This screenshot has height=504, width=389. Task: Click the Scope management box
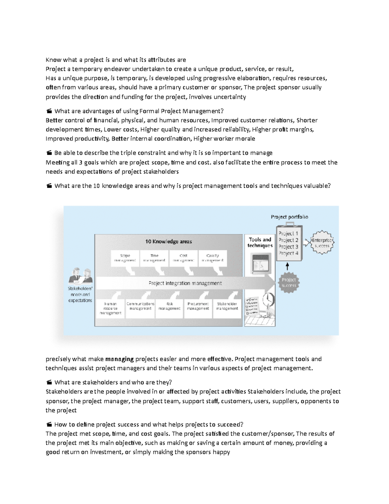[125, 258]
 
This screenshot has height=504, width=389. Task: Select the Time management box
[154, 258]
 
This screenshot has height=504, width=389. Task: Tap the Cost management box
[183, 258]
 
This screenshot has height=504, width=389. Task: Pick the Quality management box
[213, 258]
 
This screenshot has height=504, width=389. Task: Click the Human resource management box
[111, 308]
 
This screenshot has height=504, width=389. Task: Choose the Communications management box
[140, 306]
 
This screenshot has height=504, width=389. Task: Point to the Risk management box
[169, 306]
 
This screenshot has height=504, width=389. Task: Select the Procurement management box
[198, 306]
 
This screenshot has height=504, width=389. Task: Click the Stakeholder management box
[227, 306]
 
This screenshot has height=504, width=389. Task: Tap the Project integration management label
[185, 283]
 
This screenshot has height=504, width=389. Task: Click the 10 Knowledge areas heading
[169, 241]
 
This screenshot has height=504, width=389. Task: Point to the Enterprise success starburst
[322, 243]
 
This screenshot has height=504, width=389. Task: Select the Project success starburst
[289, 282]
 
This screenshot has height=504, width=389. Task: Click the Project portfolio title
[289, 217]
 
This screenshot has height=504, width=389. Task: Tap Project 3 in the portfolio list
[288, 247]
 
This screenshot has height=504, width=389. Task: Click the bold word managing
[120, 359]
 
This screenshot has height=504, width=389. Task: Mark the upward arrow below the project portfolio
[287, 266]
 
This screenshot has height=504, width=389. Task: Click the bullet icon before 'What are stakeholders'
[49, 383]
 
